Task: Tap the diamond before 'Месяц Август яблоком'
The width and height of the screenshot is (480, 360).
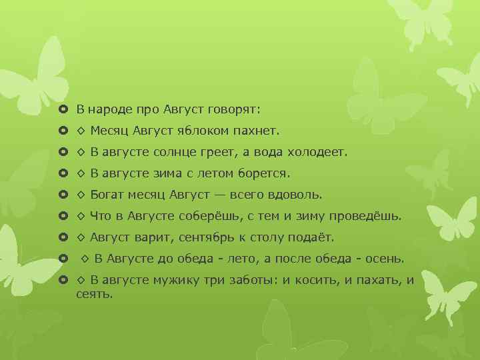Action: click(81, 130)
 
